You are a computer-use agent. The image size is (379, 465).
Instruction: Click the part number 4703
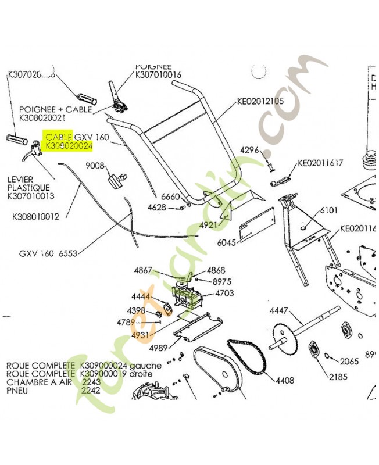tap(224, 294)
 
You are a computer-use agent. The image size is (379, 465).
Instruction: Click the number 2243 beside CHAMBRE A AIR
tap(90, 382)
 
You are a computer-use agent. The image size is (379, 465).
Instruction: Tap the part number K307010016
tap(158, 75)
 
